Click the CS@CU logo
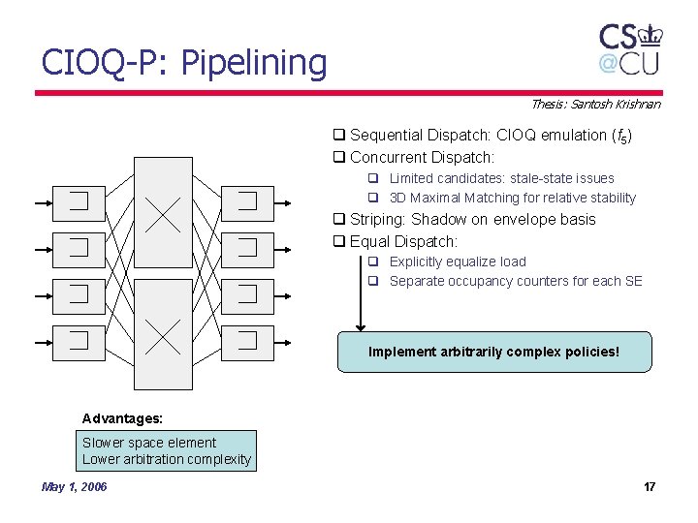coord(630,48)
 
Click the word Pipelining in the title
coord(254,64)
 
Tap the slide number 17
coord(650,486)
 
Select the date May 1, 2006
coord(75,486)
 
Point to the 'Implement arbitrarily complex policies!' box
coord(493,352)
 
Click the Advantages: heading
coord(122,418)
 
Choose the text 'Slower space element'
coord(149,443)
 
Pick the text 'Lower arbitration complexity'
coord(167,459)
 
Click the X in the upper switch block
coord(163,214)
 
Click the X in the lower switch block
coord(163,336)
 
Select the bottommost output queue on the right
coord(247,339)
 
